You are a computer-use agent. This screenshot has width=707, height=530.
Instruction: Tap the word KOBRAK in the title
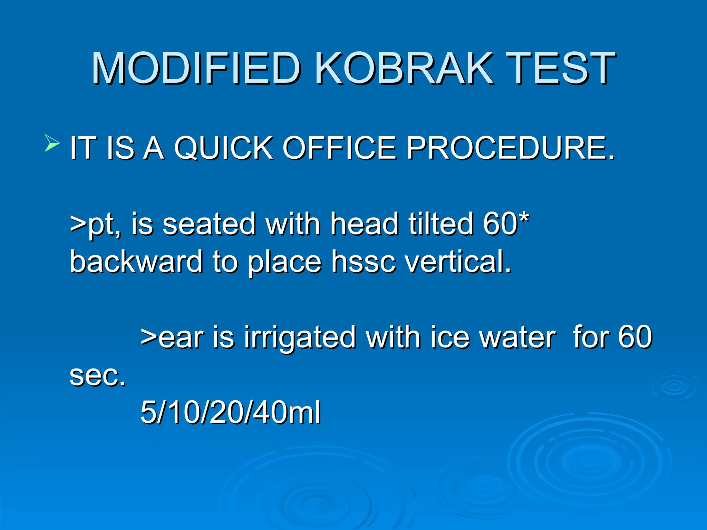[404, 68]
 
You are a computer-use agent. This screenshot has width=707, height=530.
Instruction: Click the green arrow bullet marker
[52, 143]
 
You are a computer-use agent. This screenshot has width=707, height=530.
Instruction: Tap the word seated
[209, 224]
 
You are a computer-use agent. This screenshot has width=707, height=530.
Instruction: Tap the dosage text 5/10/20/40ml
[231, 412]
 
